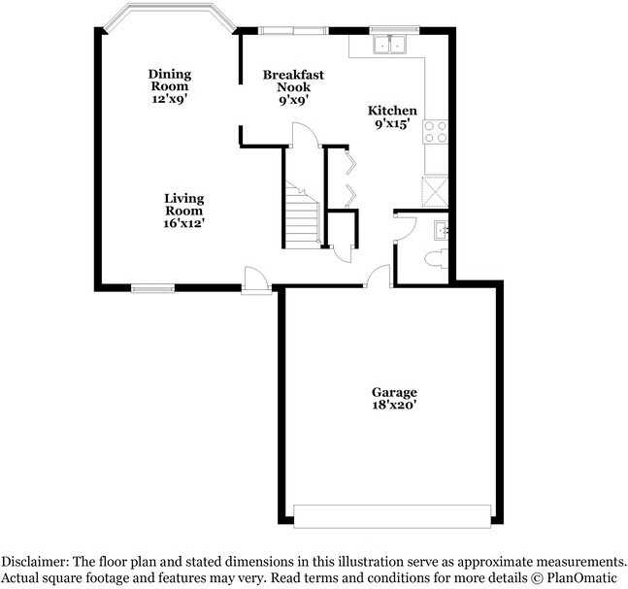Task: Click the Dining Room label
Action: click(170, 80)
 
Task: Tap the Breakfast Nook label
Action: click(294, 81)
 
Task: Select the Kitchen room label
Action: click(393, 111)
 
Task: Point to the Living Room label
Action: click(183, 204)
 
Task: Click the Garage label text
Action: click(394, 392)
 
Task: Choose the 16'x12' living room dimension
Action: click(183, 223)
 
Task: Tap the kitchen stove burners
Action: click(436, 131)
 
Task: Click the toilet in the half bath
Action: click(436, 258)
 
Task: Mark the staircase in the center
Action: click(302, 212)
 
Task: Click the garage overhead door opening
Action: click(392, 516)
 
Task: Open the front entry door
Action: click(257, 278)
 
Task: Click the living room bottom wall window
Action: click(153, 287)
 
